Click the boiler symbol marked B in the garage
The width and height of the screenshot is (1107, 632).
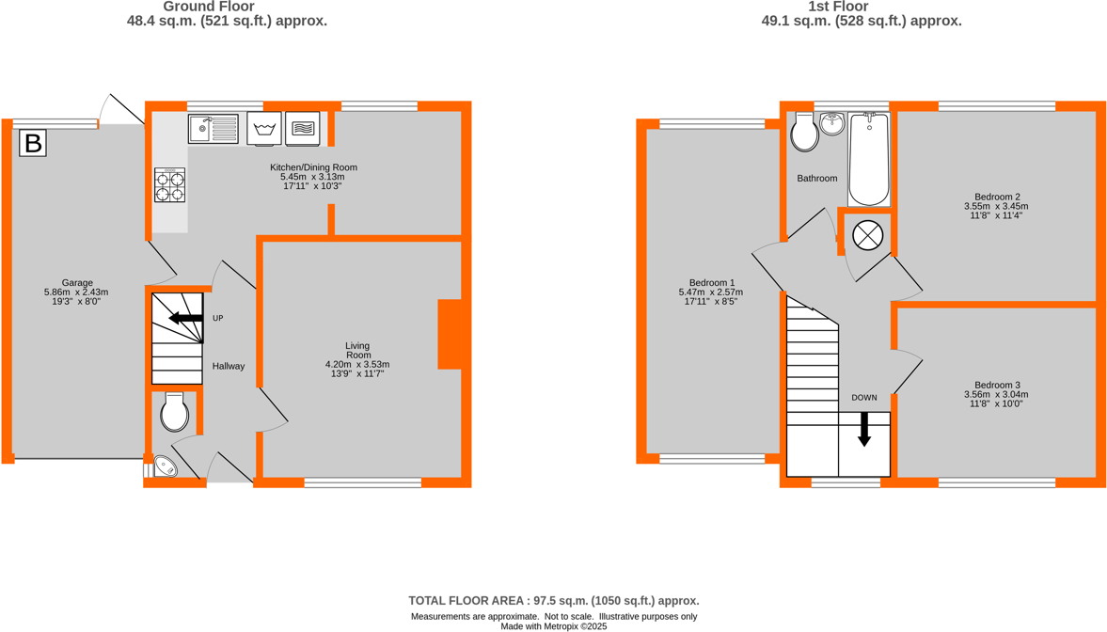click(33, 143)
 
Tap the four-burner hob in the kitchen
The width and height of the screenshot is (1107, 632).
click(169, 185)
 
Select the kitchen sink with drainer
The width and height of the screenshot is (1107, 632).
click(213, 129)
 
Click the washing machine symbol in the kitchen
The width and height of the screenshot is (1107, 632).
click(264, 129)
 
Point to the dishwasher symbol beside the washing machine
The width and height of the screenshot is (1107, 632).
click(303, 129)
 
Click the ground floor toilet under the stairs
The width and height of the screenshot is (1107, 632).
click(175, 412)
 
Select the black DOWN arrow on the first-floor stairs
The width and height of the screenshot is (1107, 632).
click(863, 431)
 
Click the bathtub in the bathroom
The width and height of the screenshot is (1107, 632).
click(869, 159)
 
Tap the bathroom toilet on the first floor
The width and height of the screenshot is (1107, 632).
click(804, 133)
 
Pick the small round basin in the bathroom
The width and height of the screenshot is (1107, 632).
click(832, 124)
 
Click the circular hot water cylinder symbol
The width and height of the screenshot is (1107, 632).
click(867, 235)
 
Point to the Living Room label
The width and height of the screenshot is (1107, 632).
click(357, 350)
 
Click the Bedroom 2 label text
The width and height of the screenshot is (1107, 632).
click(996, 197)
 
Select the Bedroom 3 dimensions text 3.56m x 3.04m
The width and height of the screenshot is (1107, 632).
click(996, 395)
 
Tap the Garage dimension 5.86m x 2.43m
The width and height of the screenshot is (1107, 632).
click(77, 292)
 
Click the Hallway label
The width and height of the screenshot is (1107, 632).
click(228, 367)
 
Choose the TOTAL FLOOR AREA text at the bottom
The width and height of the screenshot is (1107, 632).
click(553, 600)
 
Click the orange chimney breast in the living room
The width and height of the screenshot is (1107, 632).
click(450, 334)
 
